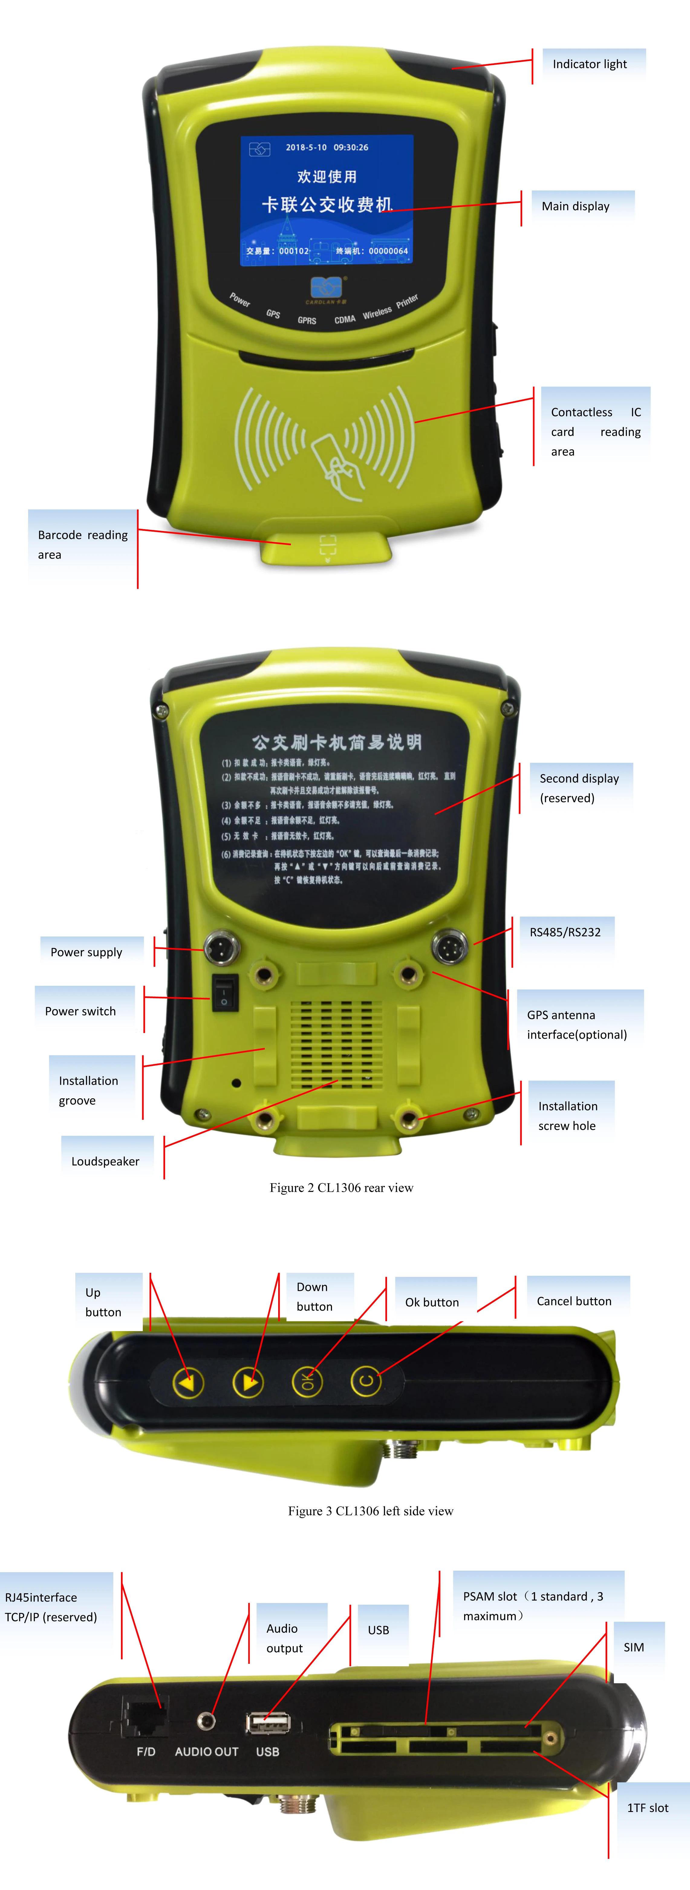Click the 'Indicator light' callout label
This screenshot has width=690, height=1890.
coord(590,65)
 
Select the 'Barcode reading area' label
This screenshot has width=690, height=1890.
coord(82,544)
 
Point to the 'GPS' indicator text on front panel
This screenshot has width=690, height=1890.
coord(273,314)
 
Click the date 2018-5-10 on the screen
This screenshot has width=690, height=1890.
coord(306,148)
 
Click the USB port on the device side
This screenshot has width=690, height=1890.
coord(268,1723)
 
